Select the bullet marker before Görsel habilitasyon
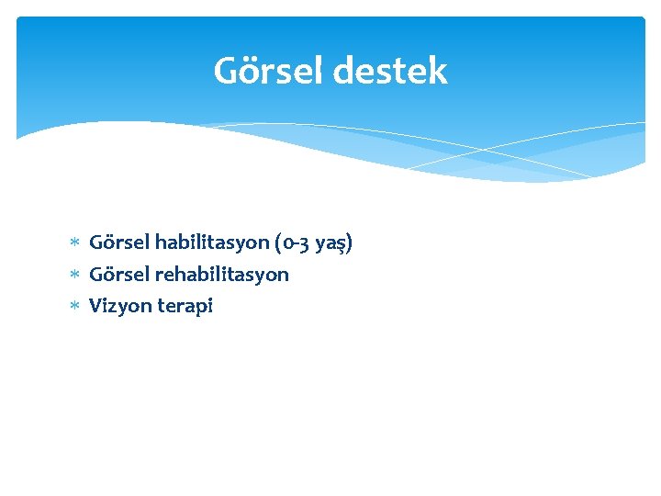pos(76,243)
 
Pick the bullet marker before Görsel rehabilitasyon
pos(76,275)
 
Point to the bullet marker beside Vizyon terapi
pos(76,306)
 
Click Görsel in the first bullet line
pos(119,243)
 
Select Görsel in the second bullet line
pos(119,275)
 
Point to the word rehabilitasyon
pos(222,275)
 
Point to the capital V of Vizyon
pos(95,306)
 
